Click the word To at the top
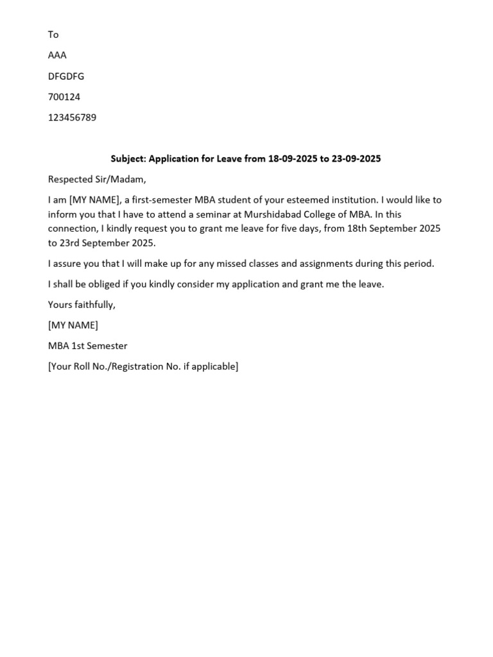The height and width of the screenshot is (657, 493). coord(53,35)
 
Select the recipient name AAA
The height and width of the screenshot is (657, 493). coord(57,55)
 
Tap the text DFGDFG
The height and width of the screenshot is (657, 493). coord(66,76)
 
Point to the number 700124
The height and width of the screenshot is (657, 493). coord(64,97)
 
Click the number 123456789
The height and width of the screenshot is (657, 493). coord(72,118)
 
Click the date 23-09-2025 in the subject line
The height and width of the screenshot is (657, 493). coord(356,158)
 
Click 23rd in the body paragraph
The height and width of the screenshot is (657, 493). coord(70,243)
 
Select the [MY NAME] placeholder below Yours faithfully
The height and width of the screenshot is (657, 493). coord(73,325)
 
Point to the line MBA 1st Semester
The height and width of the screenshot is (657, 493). coord(87,346)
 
